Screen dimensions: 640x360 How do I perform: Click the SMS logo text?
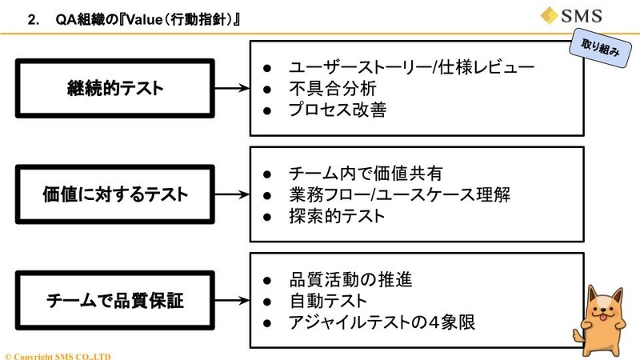(x=582, y=16)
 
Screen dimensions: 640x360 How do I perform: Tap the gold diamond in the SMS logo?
(x=550, y=16)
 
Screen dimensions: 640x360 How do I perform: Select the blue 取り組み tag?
(x=600, y=48)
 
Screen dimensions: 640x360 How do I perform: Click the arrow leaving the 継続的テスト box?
(x=232, y=88)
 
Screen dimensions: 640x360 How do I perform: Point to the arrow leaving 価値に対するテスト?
(x=232, y=194)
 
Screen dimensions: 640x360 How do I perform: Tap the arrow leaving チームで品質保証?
(x=232, y=301)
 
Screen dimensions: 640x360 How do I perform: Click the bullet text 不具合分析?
(x=333, y=89)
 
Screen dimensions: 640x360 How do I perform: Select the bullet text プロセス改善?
(x=338, y=110)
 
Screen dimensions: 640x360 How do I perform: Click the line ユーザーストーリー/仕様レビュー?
(x=411, y=67)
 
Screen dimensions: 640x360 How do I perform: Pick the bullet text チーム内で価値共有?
(x=366, y=174)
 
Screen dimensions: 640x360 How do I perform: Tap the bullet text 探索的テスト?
(x=337, y=216)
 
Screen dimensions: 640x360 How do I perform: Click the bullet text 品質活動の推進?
(x=351, y=279)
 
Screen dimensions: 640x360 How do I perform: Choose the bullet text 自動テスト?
(x=328, y=301)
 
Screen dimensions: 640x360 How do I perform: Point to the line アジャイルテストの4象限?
(x=382, y=322)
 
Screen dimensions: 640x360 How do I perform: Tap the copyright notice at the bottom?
(x=58, y=356)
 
